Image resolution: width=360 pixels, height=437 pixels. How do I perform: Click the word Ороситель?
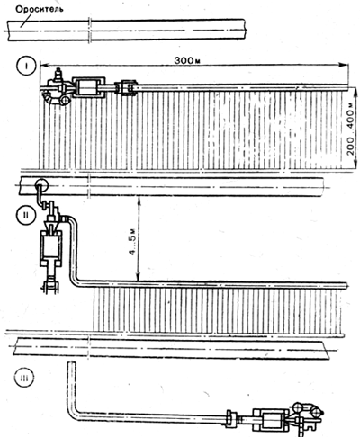(40, 9)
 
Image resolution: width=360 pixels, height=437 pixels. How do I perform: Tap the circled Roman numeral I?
(27, 67)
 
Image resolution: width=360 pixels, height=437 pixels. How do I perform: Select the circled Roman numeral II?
(27, 215)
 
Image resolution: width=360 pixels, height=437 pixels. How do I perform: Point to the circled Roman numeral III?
(24, 378)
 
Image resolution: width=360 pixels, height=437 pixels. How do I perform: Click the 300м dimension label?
(187, 60)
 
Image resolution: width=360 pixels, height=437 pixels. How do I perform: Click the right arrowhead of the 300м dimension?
(344, 65)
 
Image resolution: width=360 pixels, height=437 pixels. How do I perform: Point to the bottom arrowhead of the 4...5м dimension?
(138, 278)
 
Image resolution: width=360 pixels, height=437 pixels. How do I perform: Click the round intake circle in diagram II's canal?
(41, 184)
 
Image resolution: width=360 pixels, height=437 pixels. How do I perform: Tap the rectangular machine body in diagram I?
(89, 87)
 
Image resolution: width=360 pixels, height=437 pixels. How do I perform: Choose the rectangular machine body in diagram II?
(51, 247)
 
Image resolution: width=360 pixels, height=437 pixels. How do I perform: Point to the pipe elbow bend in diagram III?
(73, 413)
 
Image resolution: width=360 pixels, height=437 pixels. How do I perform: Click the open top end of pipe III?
(71, 363)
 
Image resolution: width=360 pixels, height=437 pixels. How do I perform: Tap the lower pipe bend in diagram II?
(76, 281)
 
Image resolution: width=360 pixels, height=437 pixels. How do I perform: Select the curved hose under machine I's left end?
(50, 101)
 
